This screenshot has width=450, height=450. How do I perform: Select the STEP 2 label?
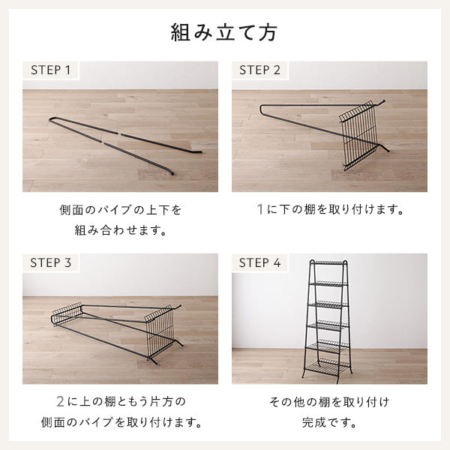[259, 70]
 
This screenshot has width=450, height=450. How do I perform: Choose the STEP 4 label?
[259, 263]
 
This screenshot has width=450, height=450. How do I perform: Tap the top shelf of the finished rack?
[329, 263]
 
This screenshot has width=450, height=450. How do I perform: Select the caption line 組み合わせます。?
[120, 229]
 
